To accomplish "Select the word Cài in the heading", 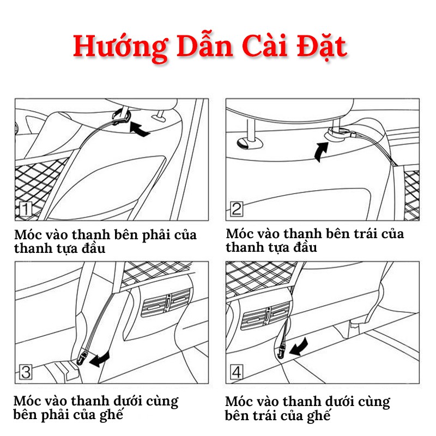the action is [x=264, y=46].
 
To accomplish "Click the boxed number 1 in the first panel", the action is [x=26, y=209].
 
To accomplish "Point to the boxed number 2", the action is [x=237, y=209].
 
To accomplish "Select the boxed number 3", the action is [x=26, y=372].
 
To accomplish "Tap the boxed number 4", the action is [x=237, y=372].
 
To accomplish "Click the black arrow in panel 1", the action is [x=139, y=129].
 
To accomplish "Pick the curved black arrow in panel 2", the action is [x=321, y=151].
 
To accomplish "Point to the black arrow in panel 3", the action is [x=100, y=360].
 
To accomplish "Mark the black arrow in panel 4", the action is [x=299, y=347].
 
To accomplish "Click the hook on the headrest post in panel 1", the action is [x=122, y=116].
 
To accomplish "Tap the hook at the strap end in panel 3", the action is [x=81, y=359].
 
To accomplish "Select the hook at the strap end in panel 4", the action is [x=282, y=351].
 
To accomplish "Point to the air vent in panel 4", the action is [x=266, y=316].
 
